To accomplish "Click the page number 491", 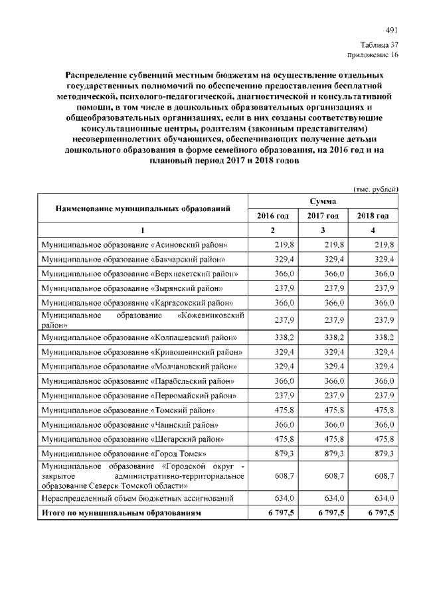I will [391, 31].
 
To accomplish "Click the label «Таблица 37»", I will [382, 44].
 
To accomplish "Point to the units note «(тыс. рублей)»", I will [376, 189].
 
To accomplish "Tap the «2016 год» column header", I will [273, 216].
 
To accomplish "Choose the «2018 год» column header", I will [373, 216].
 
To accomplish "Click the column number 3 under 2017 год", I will [323, 230].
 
